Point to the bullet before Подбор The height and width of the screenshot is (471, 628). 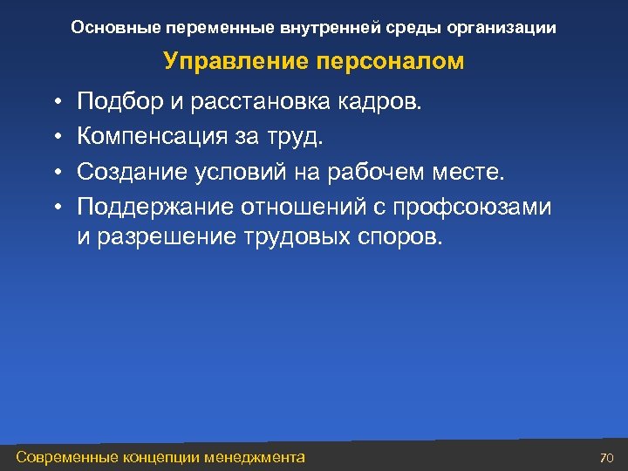(x=54, y=103)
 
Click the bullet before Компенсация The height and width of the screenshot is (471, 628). (x=54, y=137)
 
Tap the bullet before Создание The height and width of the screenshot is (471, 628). (x=54, y=171)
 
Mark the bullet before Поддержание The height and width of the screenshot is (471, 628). (x=54, y=206)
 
